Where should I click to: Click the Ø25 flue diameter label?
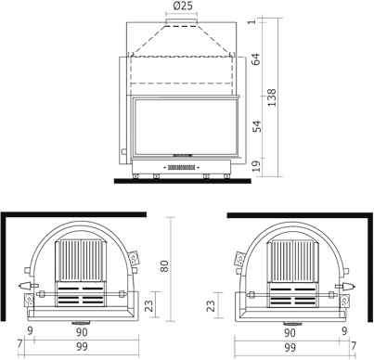click(x=183, y=6)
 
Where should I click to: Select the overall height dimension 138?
click(x=271, y=97)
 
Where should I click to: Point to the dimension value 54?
click(x=255, y=125)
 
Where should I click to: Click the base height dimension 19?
click(x=255, y=166)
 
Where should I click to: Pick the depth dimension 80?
click(x=164, y=265)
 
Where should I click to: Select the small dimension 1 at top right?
click(x=251, y=21)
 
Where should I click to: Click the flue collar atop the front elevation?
click(x=183, y=19)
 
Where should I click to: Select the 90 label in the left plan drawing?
click(x=83, y=331)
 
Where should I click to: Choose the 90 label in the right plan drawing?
click(x=290, y=331)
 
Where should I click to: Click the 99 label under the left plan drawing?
click(x=83, y=347)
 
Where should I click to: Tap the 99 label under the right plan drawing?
click(x=290, y=347)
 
